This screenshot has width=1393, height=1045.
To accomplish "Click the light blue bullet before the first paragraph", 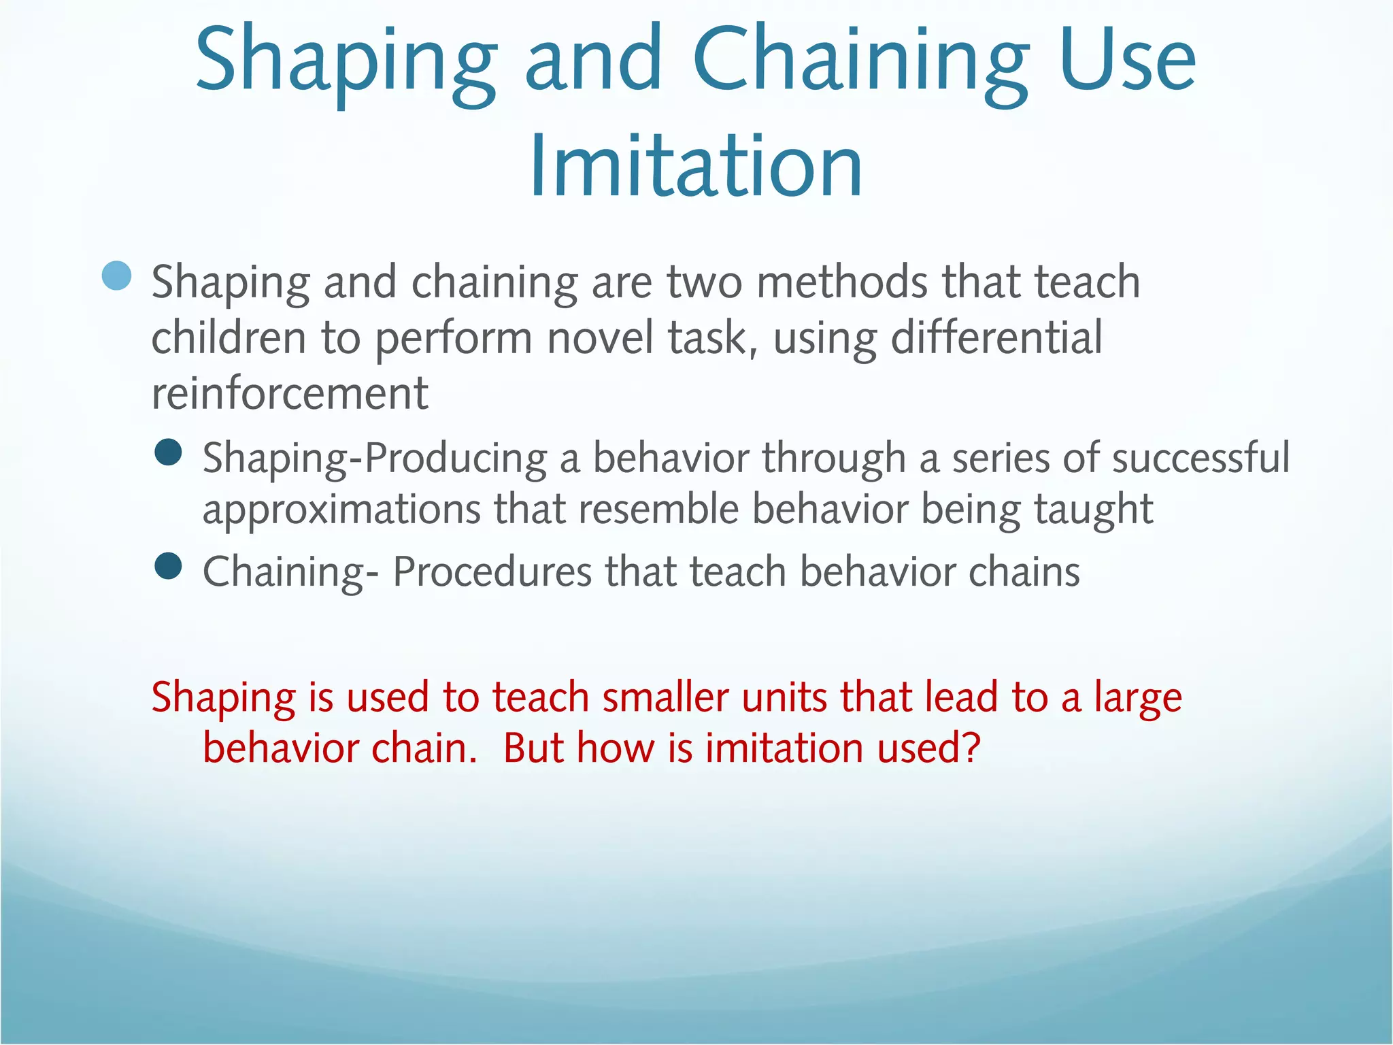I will (x=117, y=276).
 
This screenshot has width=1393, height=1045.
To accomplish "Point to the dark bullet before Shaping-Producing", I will (x=168, y=452).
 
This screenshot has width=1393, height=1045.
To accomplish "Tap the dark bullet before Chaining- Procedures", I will (x=168, y=565).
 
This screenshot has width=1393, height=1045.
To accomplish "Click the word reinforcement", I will (x=290, y=394).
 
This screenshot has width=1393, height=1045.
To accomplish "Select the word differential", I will (x=996, y=338).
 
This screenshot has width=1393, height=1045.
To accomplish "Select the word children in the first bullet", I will (x=229, y=338).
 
